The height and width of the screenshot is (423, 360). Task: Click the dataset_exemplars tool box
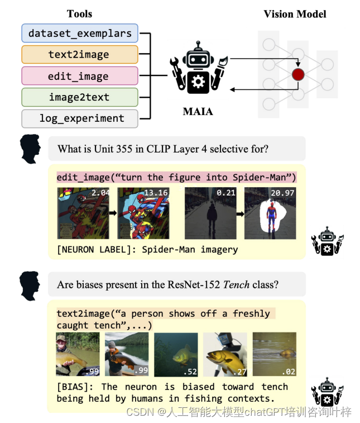click(x=80, y=34)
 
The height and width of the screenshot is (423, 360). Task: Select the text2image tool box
click(x=80, y=55)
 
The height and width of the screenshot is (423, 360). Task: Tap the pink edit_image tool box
click(x=80, y=76)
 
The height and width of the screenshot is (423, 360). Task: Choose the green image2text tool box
click(x=80, y=97)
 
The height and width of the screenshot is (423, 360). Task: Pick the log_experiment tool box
click(x=80, y=118)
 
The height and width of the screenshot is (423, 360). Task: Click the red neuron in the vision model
click(x=299, y=74)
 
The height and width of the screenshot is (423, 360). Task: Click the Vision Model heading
click(x=295, y=13)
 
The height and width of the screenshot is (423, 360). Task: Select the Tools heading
click(x=79, y=13)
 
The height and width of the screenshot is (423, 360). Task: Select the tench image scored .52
click(x=175, y=354)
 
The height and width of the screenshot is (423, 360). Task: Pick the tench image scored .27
click(x=224, y=354)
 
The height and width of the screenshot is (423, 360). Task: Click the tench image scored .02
click(x=273, y=354)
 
